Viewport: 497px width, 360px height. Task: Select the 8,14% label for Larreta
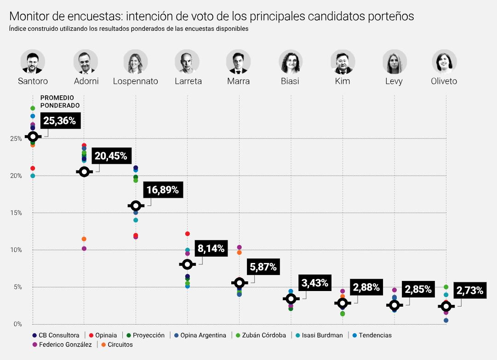tap(211, 249)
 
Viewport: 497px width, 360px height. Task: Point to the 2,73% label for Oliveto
tap(470, 291)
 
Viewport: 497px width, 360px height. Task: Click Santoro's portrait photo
tap(33, 62)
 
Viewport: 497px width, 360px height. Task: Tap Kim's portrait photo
tap(343, 62)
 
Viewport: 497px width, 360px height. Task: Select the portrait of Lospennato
tap(136, 62)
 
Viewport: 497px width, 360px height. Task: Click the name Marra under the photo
tap(238, 81)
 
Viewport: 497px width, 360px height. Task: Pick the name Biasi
tap(290, 81)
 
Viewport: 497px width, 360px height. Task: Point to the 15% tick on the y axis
tap(16, 213)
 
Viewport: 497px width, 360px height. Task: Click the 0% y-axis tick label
tap(17, 324)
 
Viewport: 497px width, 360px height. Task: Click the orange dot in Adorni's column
tap(84, 239)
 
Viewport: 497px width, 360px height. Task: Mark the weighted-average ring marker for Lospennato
tap(136, 206)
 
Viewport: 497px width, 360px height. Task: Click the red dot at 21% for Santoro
tap(33, 168)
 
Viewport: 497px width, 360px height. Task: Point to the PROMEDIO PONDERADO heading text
tap(60, 102)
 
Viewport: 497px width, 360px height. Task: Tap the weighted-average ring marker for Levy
tap(394, 305)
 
